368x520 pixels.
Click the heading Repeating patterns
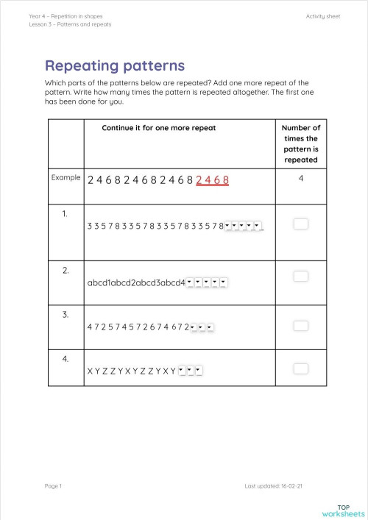click(115, 65)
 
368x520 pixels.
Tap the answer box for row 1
click(300, 224)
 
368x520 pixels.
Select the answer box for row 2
click(300, 276)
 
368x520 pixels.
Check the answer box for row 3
click(300, 325)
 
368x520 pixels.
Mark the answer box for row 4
click(300, 368)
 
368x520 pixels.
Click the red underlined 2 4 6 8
click(213, 179)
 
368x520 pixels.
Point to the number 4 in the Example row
click(301, 177)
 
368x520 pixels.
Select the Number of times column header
click(301, 143)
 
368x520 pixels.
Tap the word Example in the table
click(66, 177)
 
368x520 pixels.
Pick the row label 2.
click(65, 271)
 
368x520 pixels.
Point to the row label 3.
click(65, 315)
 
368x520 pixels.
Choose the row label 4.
click(65, 359)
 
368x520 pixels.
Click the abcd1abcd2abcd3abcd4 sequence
click(135, 282)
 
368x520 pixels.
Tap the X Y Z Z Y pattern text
click(131, 371)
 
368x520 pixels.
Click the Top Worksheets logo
click(344, 510)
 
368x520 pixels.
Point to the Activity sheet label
click(323, 15)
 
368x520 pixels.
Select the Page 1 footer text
click(53, 486)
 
